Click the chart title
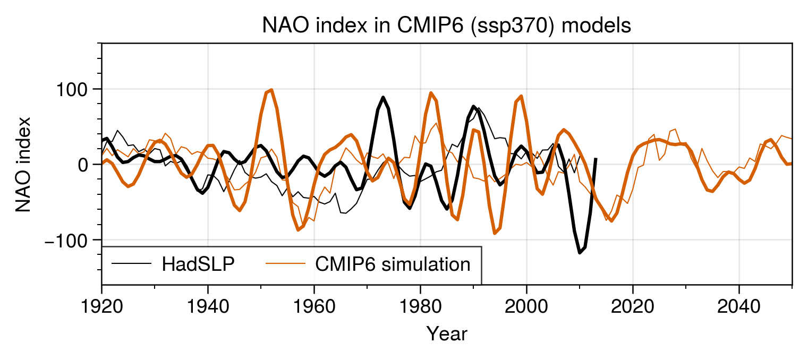click(x=446, y=25)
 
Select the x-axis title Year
click(x=447, y=334)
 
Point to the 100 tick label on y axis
click(x=71, y=89)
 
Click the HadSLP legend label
click(x=198, y=264)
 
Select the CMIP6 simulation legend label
click(x=393, y=264)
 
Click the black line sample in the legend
click(x=131, y=264)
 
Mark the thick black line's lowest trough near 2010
click(x=580, y=253)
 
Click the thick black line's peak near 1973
click(x=383, y=97)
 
